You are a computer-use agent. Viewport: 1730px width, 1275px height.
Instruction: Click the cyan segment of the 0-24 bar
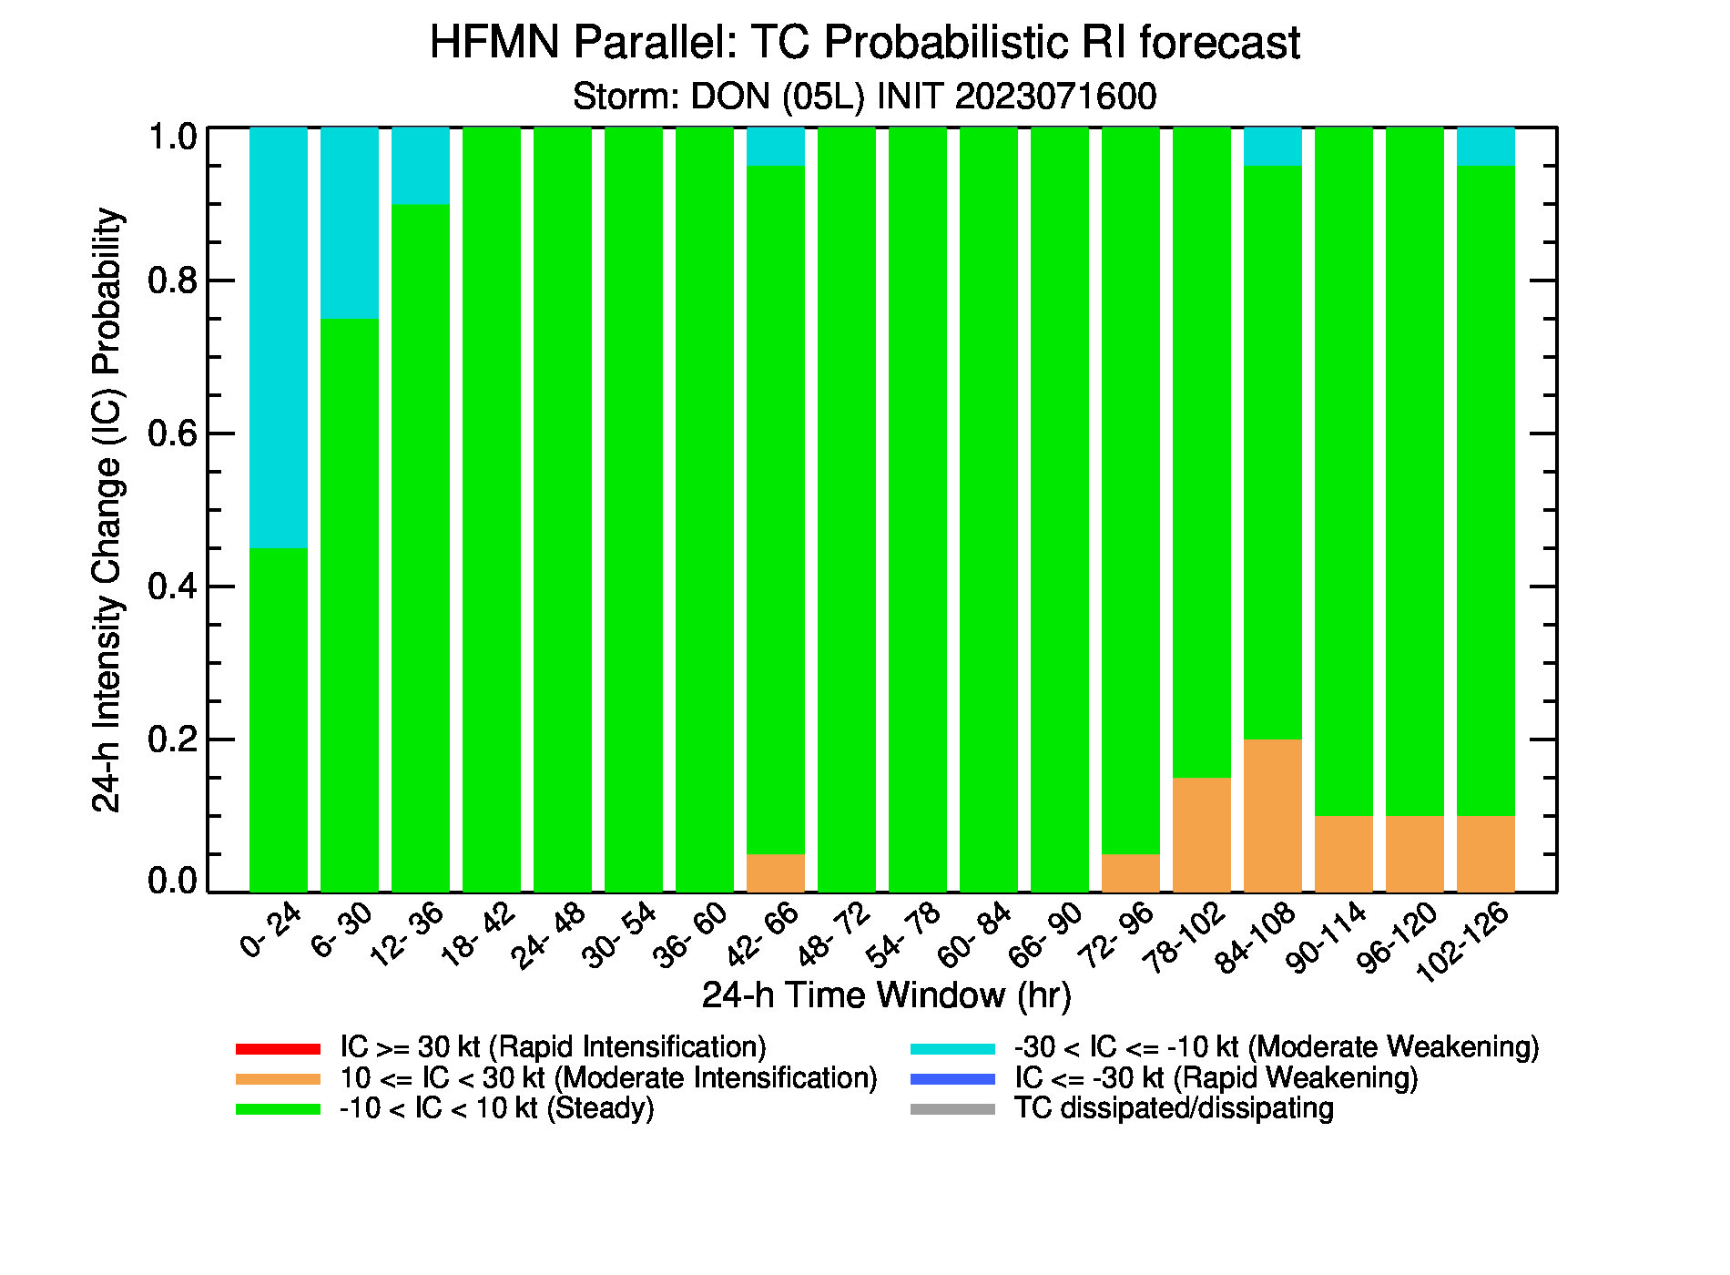[279, 338]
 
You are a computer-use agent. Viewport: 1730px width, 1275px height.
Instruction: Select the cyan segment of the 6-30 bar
[350, 223]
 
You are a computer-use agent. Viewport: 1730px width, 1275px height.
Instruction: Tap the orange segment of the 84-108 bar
[1273, 815]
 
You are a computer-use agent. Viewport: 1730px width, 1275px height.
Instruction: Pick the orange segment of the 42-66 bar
[776, 872]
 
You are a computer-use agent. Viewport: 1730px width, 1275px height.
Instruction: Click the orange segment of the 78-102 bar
[1202, 834]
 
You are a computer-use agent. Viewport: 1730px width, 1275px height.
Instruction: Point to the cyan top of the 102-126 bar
[1486, 147]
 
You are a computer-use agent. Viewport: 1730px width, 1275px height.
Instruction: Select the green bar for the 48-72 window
[847, 509]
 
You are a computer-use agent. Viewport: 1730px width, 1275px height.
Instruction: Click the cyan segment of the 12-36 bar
[421, 166]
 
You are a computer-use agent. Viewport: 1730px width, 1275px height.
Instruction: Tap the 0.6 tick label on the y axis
[173, 433]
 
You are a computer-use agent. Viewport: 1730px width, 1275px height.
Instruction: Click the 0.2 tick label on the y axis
[173, 739]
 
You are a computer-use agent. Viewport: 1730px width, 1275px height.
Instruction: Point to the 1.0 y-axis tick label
[173, 138]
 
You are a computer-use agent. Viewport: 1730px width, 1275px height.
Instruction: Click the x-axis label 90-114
[1327, 938]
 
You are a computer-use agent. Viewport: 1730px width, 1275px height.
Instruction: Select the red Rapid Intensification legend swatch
[279, 1049]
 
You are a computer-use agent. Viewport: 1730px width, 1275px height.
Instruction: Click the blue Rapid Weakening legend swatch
[953, 1079]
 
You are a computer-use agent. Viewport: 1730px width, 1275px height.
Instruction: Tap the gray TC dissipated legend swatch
[953, 1109]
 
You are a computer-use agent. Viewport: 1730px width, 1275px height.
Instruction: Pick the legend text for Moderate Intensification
[608, 1078]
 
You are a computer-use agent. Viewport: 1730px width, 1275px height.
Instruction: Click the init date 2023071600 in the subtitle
[1055, 97]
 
